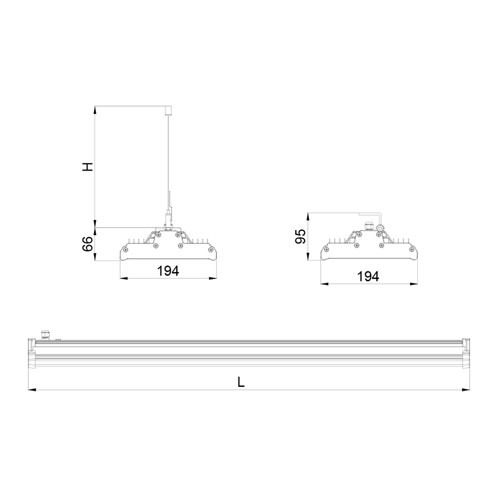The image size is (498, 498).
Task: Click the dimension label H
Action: (87, 167)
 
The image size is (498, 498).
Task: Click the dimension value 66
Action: (87, 244)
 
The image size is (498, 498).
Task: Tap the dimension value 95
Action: (300, 236)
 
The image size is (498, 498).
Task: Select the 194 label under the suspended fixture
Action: (168, 271)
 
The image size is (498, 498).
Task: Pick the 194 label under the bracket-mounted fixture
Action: (368, 276)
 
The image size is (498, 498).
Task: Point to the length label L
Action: (241, 382)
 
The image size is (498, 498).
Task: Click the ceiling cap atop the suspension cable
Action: (167, 110)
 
